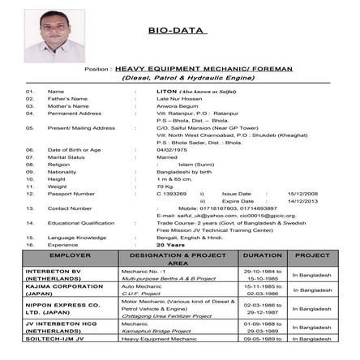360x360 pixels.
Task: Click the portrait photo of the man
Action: [x=54, y=36]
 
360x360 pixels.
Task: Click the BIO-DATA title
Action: [x=178, y=31]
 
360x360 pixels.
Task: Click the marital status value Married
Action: [x=167, y=156]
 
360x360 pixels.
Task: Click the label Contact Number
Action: [x=69, y=208]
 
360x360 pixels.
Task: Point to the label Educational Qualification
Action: [x=81, y=223]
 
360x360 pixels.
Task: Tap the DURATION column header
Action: [x=262, y=255]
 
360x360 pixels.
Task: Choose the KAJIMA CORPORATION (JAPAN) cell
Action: [x=64, y=289]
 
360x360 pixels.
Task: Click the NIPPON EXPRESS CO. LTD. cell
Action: [x=63, y=309]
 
